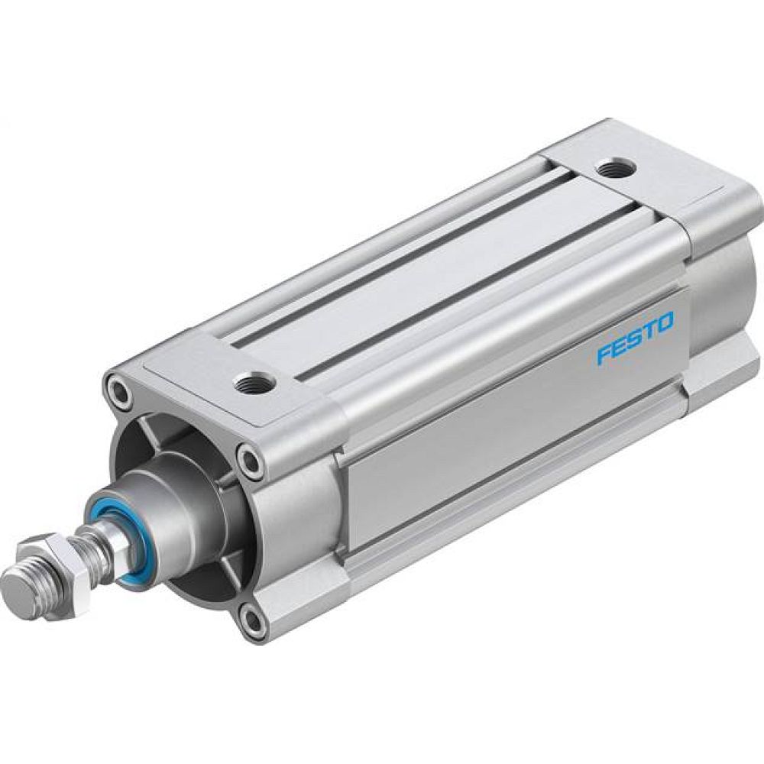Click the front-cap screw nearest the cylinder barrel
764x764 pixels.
coord(250,460)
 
